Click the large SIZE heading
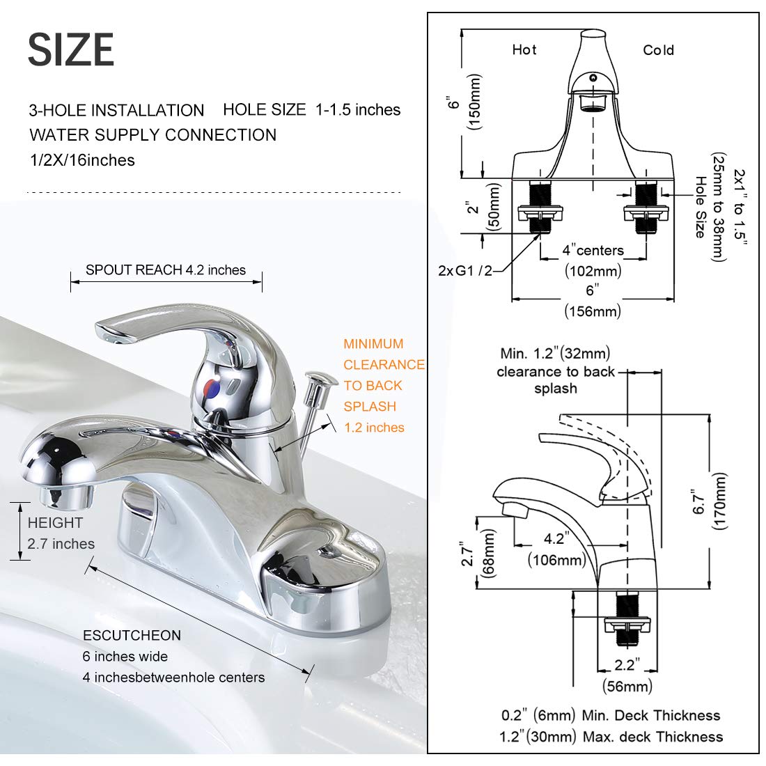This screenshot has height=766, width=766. point(71,50)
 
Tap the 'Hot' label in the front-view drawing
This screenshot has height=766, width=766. point(524,49)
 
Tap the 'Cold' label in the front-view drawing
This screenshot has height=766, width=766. point(658,50)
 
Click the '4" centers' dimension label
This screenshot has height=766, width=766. point(593,250)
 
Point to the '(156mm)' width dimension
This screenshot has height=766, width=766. point(592,311)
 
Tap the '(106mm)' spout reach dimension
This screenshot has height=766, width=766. point(556,559)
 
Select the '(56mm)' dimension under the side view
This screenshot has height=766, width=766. point(627,686)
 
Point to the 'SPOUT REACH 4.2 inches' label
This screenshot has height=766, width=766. point(166,270)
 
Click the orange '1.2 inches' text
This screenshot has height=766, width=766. point(374,428)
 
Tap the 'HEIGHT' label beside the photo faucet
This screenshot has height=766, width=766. point(55,523)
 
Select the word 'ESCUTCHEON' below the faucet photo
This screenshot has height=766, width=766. point(132,635)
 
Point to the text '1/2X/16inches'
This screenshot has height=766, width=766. point(81,160)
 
